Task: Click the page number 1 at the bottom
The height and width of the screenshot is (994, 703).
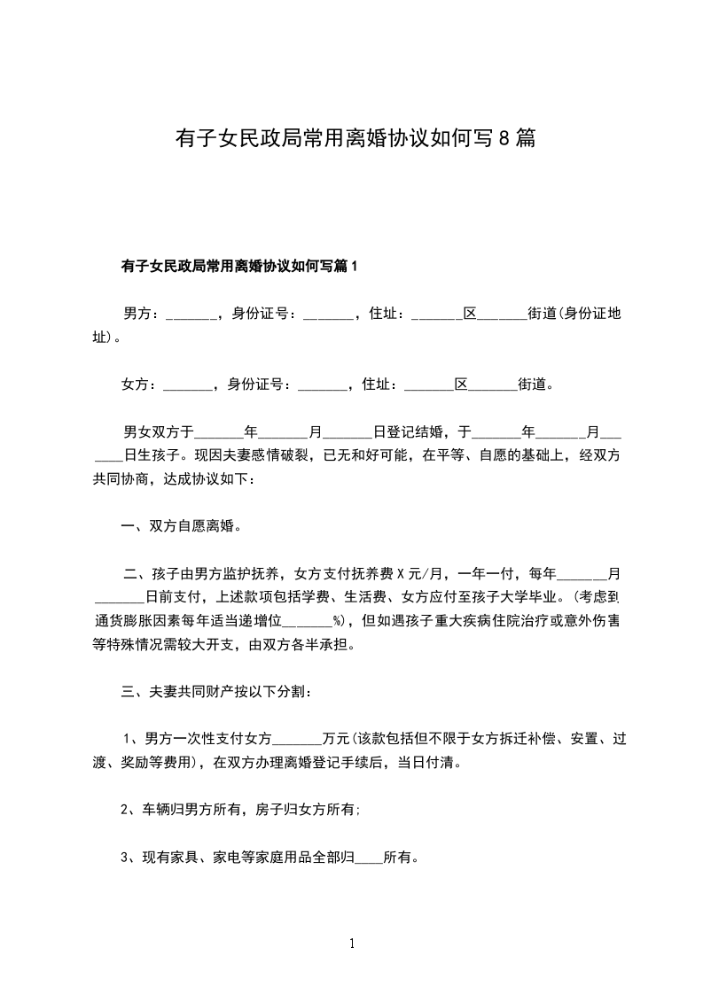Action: (352, 944)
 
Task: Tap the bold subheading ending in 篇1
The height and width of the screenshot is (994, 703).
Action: (238, 267)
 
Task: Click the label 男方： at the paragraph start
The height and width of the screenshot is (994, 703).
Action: (142, 314)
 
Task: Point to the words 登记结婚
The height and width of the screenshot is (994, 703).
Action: (408, 433)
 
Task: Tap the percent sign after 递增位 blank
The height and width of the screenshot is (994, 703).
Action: (338, 620)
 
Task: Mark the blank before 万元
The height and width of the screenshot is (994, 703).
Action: (299, 738)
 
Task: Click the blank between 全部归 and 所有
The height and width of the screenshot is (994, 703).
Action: (368, 857)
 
